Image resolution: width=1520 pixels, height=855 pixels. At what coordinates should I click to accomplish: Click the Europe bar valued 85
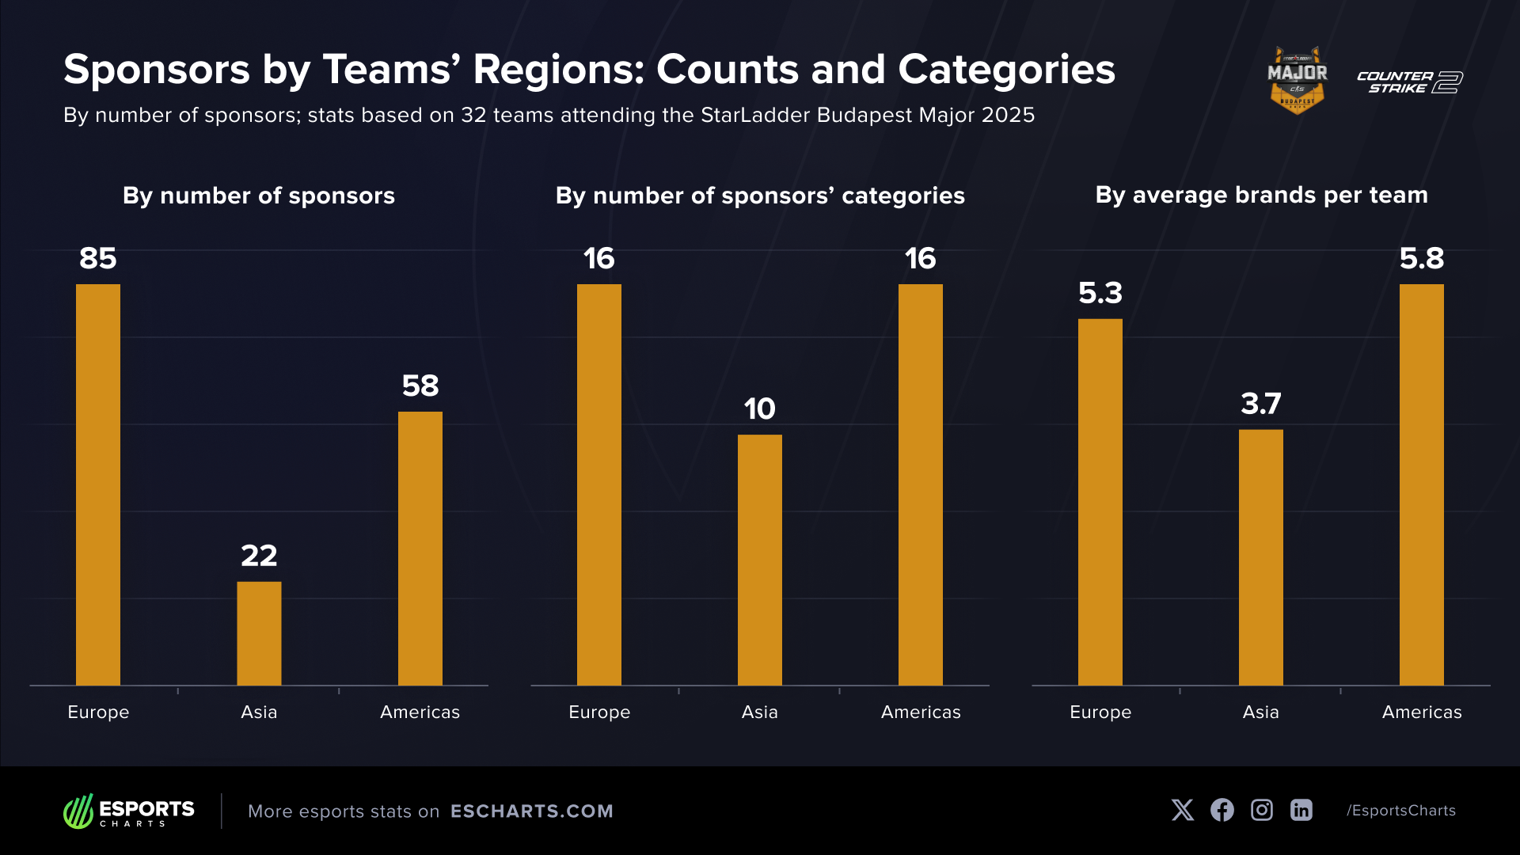98,484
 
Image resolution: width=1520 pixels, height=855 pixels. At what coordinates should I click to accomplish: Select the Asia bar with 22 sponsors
259,633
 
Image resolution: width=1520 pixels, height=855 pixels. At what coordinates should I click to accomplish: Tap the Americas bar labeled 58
420,548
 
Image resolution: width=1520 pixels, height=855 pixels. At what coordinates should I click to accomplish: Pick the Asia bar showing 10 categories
760,560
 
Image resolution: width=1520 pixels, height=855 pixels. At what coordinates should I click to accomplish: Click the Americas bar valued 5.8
1422,484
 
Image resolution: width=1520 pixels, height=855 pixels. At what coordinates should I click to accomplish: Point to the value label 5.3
1100,294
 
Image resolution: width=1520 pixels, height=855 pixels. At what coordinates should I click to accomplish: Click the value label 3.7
1261,405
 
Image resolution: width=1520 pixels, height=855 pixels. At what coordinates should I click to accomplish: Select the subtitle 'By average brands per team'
1262,195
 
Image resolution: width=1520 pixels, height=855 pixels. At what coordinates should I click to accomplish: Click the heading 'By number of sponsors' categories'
760,196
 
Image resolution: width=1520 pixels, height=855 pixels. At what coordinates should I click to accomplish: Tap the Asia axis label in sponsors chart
259,712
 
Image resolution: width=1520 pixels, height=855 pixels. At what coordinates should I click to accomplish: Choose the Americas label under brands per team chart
1422,712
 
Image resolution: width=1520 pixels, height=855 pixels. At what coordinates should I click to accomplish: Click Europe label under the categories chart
599,712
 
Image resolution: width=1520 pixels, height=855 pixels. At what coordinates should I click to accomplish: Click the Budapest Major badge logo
1298,80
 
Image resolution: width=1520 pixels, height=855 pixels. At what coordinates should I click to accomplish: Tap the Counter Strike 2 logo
1409,82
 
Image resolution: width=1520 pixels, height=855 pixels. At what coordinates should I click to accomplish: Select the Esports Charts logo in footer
129,811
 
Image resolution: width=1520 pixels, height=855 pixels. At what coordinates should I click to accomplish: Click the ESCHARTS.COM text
532,811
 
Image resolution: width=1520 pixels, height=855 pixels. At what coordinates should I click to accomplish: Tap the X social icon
1183,810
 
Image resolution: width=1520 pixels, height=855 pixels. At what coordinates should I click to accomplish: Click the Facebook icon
1222,810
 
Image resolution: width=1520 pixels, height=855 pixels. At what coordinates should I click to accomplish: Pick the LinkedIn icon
1301,810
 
